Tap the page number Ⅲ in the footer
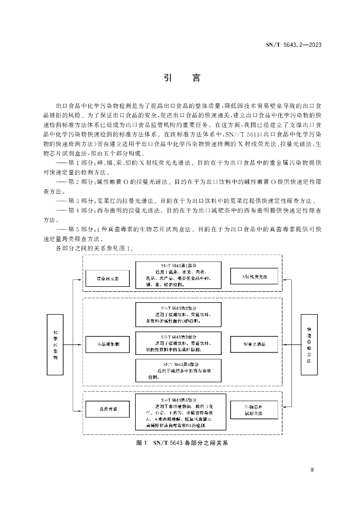point(312,469)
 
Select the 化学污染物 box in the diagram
point(56,344)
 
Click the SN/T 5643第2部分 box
point(179,315)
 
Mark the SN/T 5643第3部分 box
point(179,343)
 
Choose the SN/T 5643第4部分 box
point(179,371)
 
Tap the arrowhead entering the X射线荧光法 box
point(281,278)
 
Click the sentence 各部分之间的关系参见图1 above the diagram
point(95,248)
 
